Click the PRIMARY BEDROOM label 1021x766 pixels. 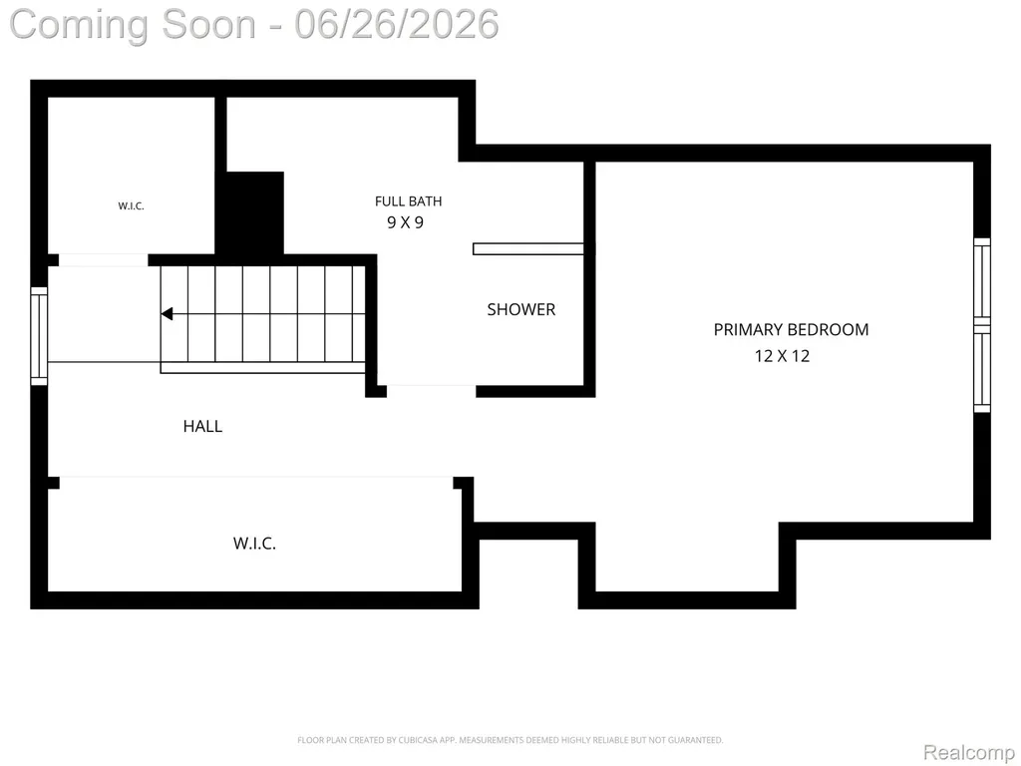coord(791,329)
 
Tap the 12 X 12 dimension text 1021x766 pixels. coord(782,356)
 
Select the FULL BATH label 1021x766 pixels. coord(408,201)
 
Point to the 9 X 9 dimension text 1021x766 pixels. coord(405,222)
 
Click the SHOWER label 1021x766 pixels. coord(520,309)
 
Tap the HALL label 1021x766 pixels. coord(202,426)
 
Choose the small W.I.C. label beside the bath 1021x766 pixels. coord(131,205)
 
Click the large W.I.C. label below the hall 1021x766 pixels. coord(254,544)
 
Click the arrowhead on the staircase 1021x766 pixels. coord(167,314)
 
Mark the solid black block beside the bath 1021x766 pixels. coord(254,212)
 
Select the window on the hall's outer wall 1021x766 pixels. coord(39,335)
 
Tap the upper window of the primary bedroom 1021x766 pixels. coord(982,281)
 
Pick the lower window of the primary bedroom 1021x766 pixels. coord(982,369)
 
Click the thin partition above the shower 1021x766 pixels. coord(528,248)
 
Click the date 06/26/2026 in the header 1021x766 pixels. coord(397,24)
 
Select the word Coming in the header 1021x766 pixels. coord(80,25)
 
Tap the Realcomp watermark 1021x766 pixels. coord(968,752)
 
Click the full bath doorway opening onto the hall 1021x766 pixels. coord(432,391)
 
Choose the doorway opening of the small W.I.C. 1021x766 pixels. coord(104,260)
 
